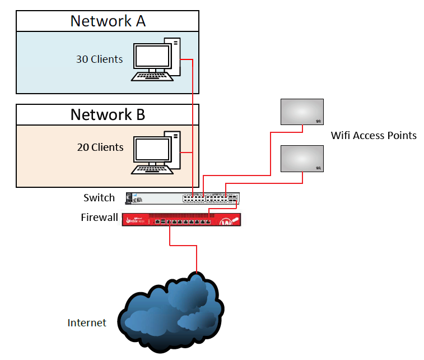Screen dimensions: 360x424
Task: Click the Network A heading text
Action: coord(108,21)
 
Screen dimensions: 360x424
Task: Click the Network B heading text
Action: coord(108,114)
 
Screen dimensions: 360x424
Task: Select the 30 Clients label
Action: coord(99,59)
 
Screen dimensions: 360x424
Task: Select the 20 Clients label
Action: coord(100,147)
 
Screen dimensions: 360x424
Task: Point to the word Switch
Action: coord(99,197)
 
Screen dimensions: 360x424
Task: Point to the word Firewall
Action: coord(99,216)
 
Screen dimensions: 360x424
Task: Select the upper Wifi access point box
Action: coord(302,111)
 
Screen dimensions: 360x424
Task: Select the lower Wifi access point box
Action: coord(302,159)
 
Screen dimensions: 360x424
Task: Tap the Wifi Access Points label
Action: coord(374,135)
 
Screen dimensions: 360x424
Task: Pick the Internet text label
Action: coord(87,322)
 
